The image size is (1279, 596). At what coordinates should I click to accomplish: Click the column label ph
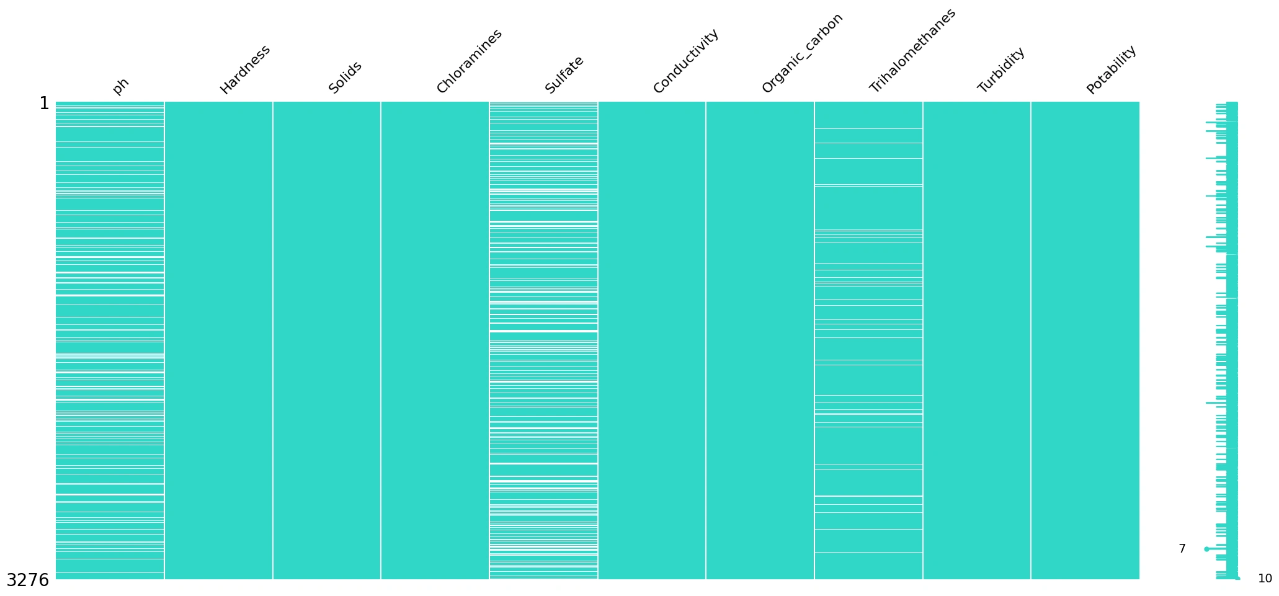[121, 86]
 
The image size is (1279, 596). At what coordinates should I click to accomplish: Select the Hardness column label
[245, 69]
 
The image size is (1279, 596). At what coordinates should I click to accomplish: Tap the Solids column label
[345, 78]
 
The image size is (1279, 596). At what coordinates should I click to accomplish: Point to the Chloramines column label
[469, 61]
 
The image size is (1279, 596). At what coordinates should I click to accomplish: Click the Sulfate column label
[564, 75]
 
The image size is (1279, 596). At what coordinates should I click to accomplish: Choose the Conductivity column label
[686, 61]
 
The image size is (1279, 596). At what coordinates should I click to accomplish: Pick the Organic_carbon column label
[802, 54]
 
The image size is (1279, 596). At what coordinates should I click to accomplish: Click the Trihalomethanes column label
[912, 51]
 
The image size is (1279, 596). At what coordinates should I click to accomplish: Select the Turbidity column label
[1001, 70]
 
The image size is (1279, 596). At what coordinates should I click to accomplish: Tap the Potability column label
[1112, 70]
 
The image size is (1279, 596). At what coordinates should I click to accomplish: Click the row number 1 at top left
[44, 104]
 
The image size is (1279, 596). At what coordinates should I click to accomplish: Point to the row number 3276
[27, 580]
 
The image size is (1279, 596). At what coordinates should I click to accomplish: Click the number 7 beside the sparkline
[1182, 549]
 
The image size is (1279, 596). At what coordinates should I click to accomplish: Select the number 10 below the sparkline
[1265, 579]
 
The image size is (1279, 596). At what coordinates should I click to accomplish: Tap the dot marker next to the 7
[1206, 549]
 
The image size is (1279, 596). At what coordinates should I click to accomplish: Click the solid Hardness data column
[218, 341]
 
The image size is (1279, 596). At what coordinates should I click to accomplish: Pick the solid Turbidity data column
[977, 341]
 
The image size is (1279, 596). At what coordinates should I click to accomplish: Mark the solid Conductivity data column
[652, 341]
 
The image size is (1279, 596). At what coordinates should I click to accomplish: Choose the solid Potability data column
[1085, 341]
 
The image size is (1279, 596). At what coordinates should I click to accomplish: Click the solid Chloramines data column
[435, 341]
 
